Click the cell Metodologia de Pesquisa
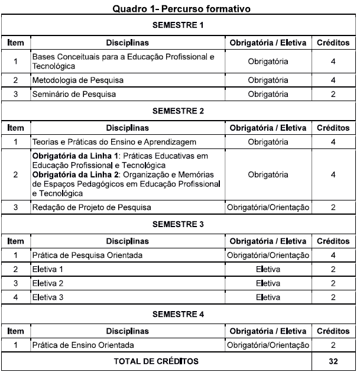(78, 80)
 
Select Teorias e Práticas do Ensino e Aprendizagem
(114, 142)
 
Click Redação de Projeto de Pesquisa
(92, 207)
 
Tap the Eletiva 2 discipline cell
(49, 283)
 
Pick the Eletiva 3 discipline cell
(49, 297)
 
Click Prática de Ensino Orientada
(83, 345)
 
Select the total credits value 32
(333, 360)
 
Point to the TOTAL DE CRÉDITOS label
(157, 360)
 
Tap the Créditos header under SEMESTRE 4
(333, 331)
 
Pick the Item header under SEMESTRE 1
(15, 43)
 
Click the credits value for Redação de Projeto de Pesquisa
(333, 207)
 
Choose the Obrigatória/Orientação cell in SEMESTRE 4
(268, 345)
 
